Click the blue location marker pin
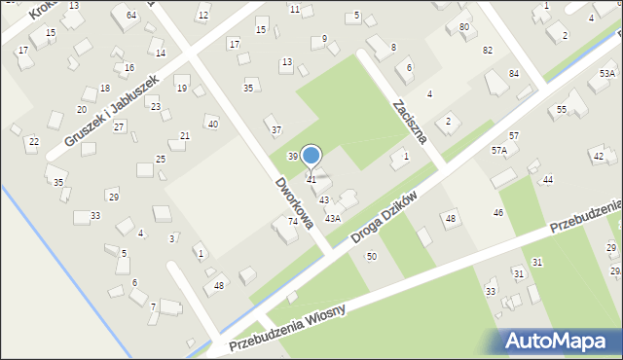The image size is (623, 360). click(x=311, y=156)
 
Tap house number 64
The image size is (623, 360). click(x=131, y=16)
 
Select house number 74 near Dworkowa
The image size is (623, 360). click(x=292, y=222)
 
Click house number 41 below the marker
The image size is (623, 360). click(x=311, y=180)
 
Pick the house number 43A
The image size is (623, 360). click(x=332, y=219)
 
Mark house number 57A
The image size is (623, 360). click(x=499, y=151)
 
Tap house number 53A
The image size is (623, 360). click(x=606, y=74)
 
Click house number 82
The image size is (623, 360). click(x=487, y=50)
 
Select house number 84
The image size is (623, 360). click(x=513, y=74)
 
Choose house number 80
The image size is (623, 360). click(x=463, y=26)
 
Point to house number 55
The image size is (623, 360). click(x=562, y=110)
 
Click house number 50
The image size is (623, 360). click(x=371, y=256)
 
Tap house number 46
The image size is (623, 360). click(x=498, y=212)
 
